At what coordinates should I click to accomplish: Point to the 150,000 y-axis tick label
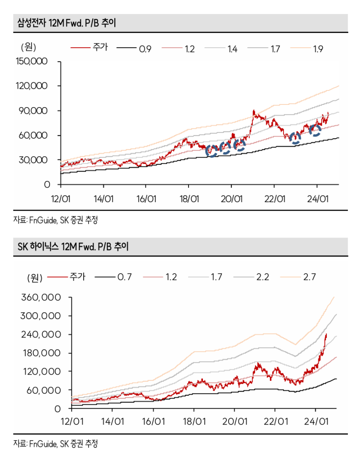[31, 61]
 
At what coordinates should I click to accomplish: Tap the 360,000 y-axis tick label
[41, 297]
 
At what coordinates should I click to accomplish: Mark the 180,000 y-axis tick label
[41, 353]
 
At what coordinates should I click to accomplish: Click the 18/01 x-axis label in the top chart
[189, 198]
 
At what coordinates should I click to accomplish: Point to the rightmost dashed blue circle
[315, 131]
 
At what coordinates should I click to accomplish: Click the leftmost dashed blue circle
[211, 151]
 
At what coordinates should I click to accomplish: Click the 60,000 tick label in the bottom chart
[44, 390]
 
